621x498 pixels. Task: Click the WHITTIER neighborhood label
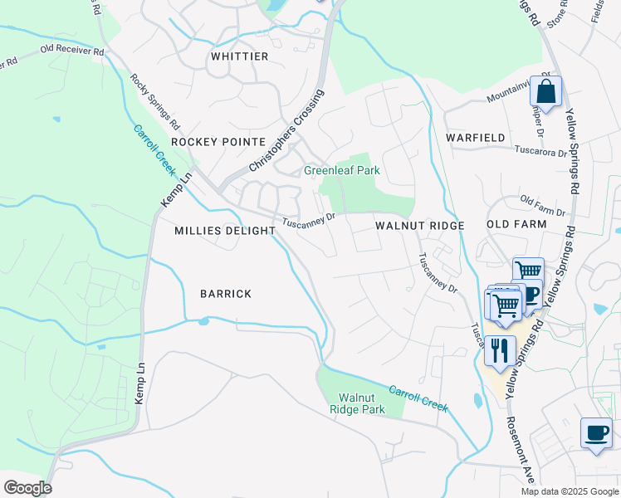tap(239, 56)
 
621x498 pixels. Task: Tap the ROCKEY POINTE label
tap(218, 142)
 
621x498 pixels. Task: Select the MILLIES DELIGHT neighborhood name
tap(224, 231)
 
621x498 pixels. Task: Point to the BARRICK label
tap(225, 294)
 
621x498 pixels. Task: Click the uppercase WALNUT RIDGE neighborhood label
tap(419, 226)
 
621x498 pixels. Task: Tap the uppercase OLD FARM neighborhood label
tap(516, 224)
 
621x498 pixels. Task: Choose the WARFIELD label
tap(475, 136)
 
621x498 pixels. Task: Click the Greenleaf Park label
tap(341, 170)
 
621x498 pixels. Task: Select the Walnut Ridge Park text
tap(357, 403)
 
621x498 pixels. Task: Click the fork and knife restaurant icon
tap(500, 349)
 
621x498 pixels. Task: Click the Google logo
tap(27, 488)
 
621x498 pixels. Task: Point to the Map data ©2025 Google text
tap(570, 491)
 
